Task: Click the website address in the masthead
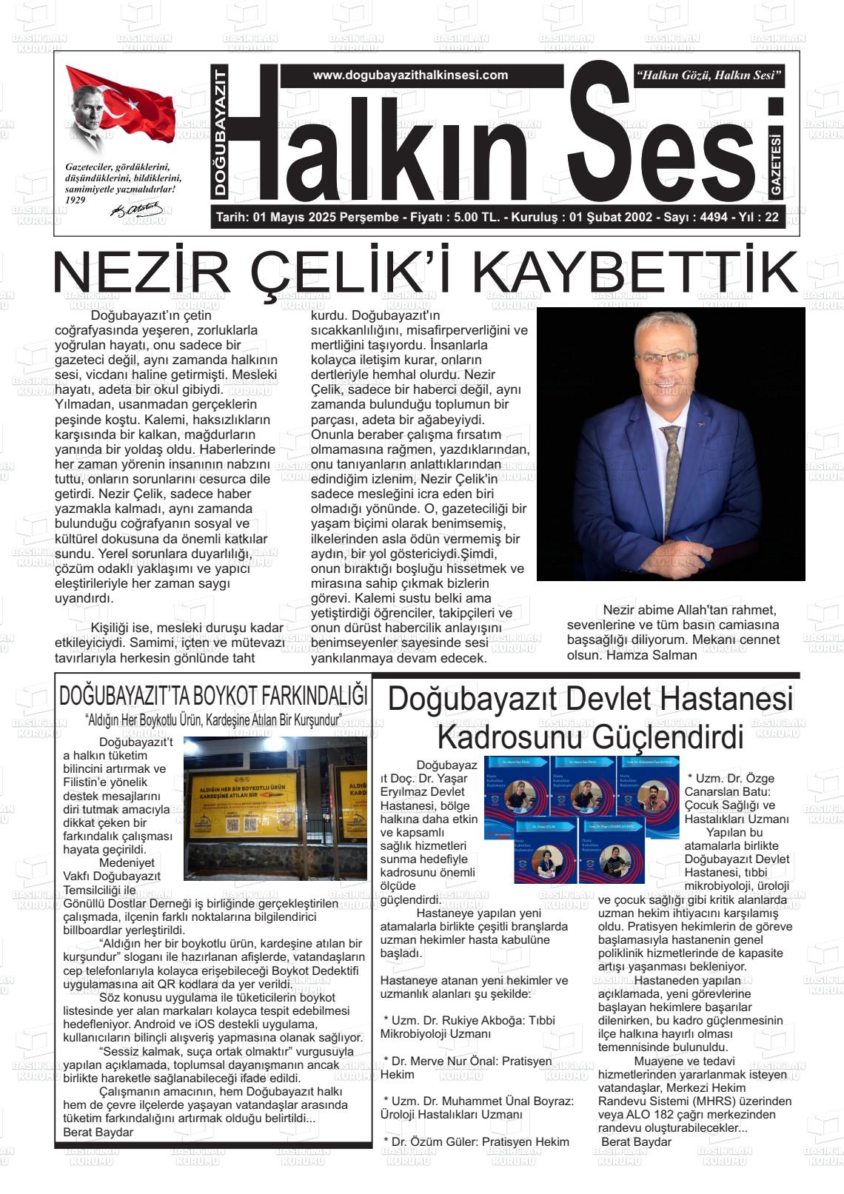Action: click(x=410, y=76)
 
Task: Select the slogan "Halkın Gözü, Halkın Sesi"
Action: click(x=709, y=76)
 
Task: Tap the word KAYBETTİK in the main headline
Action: click(x=635, y=274)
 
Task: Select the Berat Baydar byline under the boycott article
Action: click(x=98, y=1133)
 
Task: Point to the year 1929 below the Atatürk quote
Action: click(x=76, y=200)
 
